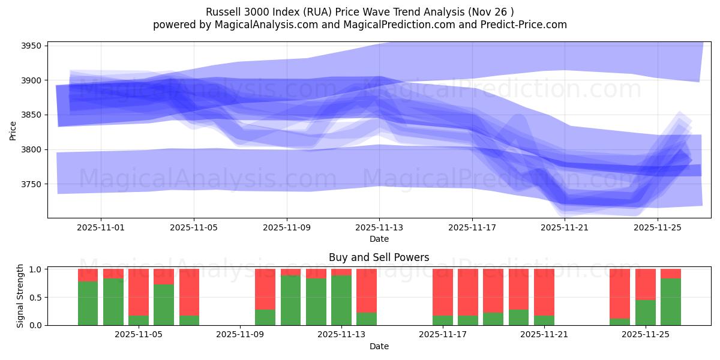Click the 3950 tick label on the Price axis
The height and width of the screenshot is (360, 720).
[x=31, y=46]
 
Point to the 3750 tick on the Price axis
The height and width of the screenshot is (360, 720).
[x=31, y=184]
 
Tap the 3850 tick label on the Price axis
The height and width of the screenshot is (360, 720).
[x=31, y=115]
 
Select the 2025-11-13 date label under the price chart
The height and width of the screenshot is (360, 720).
[x=379, y=228]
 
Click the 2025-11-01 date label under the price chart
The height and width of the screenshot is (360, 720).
[x=101, y=228]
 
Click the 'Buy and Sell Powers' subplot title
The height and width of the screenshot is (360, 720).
[x=379, y=257]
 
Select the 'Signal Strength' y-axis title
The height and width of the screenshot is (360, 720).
[x=20, y=296]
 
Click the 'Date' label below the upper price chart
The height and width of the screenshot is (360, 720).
[x=379, y=239]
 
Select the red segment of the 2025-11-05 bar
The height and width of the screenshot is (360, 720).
[x=139, y=292]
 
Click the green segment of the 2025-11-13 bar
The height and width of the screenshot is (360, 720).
[x=341, y=301]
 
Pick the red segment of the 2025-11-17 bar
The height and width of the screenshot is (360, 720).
[x=443, y=292]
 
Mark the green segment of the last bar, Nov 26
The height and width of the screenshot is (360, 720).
[x=671, y=302]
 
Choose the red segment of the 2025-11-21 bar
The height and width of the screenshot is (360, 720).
[x=544, y=292]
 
